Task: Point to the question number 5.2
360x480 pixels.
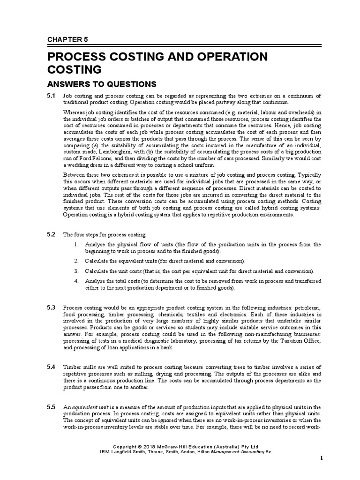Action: [x=51, y=233]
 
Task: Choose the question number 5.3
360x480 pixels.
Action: [x=51, y=307]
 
